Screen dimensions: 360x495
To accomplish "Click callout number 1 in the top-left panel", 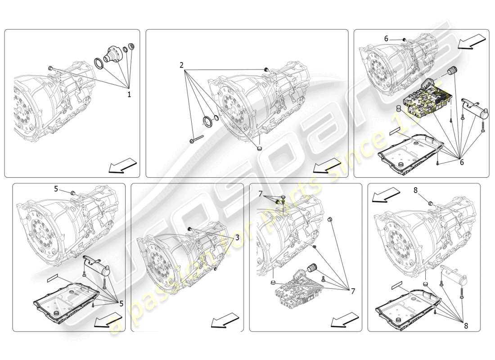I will point(130,95).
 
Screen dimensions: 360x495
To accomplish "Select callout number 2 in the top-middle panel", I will point(181,65).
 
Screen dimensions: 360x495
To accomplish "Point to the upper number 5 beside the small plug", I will point(56,189).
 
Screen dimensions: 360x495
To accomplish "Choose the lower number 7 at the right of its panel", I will point(352,292).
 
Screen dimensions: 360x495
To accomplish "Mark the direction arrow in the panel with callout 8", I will point(386,195).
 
